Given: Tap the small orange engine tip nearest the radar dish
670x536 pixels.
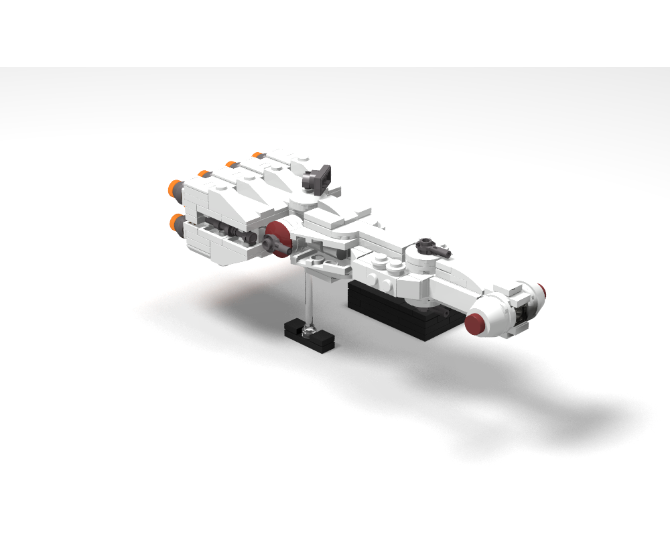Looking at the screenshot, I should pos(257,155).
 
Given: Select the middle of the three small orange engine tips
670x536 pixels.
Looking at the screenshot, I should pos(229,164).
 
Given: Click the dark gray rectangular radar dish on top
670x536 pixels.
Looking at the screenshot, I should pos(320,176).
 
